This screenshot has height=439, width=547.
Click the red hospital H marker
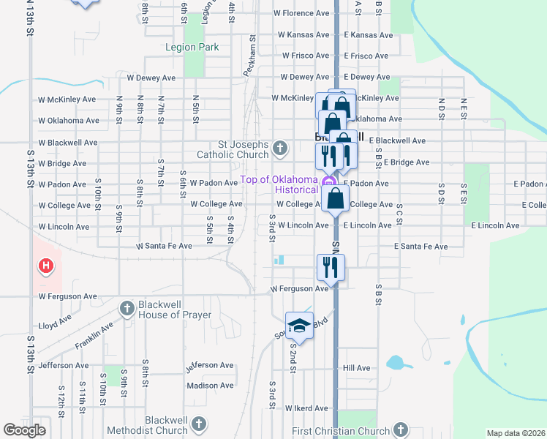point(45,265)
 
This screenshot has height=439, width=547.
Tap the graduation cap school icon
point(299,326)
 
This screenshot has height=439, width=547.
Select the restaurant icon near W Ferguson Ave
point(331,267)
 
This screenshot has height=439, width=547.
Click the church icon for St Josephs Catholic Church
point(279,150)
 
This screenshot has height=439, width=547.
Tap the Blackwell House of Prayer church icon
point(127,309)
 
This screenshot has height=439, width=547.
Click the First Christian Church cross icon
point(400,429)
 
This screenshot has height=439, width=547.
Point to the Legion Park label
point(192,48)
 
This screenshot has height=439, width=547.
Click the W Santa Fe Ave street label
point(164,247)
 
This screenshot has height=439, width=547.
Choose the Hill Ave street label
point(357,368)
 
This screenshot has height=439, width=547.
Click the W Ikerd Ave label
point(306,408)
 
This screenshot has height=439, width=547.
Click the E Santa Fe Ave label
point(421,247)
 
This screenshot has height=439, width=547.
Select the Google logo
point(25,430)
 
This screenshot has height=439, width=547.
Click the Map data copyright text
point(515,433)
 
